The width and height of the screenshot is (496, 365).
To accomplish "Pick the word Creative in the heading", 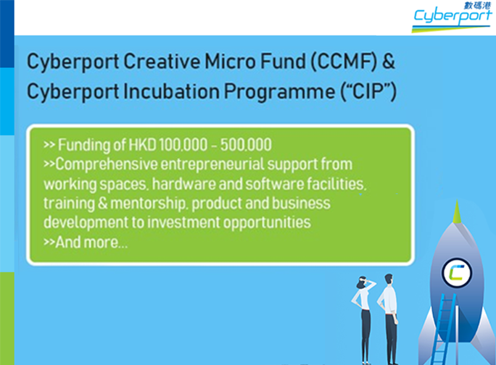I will point(164,62).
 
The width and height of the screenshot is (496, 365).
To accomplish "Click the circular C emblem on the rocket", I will point(458,273).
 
